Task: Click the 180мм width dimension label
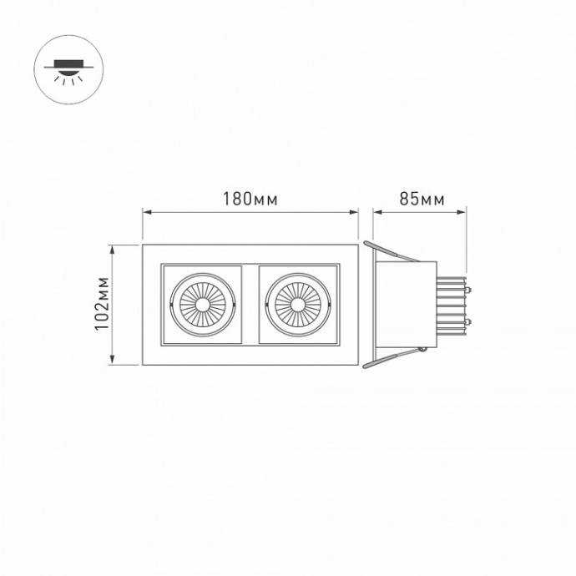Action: coord(250,200)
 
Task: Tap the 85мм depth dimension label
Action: coord(422,200)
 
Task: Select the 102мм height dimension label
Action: coord(102,304)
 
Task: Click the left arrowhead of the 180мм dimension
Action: coord(146,213)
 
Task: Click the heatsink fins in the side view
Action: coord(451,304)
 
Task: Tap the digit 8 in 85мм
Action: coord(404,200)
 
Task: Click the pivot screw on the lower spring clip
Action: coord(424,348)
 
